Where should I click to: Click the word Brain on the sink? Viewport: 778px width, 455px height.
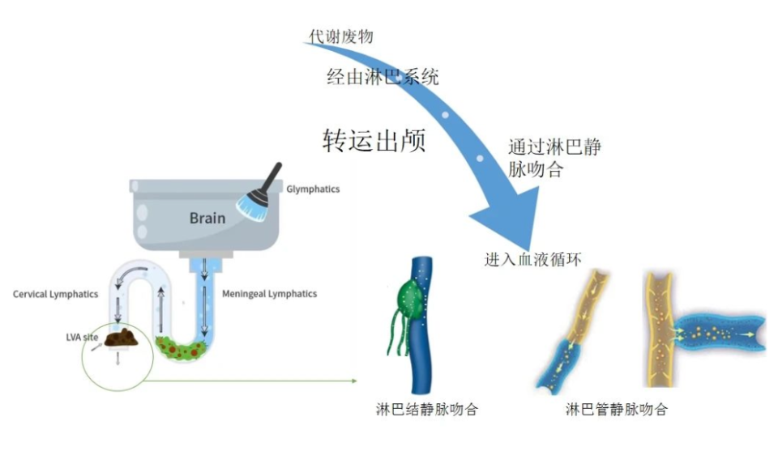[x=207, y=218]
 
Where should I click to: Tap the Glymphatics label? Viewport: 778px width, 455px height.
[x=313, y=189]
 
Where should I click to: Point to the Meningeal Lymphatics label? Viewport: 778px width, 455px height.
[x=269, y=293]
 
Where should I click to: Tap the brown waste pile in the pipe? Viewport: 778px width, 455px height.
[x=124, y=338]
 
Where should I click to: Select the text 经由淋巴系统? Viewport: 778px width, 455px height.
[x=383, y=78]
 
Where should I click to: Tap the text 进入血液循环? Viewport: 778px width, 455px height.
[x=532, y=259]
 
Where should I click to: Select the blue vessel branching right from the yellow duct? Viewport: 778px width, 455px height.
[x=717, y=331]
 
